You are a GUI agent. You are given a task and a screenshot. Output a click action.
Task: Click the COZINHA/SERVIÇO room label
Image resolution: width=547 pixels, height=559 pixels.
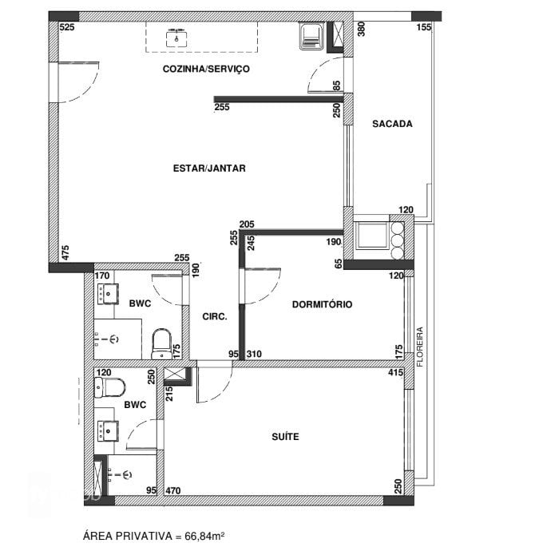(206, 69)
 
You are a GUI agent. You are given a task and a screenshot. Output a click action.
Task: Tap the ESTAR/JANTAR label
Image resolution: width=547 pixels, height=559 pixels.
(209, 168)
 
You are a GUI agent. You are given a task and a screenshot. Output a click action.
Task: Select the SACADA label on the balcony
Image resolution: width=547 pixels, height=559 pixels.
(392, 125)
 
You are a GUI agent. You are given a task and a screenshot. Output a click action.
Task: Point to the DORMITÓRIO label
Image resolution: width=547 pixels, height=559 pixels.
(322, 304)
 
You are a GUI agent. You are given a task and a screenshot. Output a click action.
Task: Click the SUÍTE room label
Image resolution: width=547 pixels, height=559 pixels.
(285, 437)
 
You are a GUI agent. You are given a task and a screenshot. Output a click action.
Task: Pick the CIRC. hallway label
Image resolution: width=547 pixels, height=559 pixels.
(215, 316)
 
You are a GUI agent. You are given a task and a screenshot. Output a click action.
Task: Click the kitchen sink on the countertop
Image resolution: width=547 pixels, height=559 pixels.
(176, 36)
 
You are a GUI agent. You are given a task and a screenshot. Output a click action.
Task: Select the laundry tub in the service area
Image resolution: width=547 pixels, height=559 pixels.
(310, 35)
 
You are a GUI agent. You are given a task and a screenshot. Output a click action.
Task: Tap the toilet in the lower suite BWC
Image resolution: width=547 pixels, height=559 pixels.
(109, 388)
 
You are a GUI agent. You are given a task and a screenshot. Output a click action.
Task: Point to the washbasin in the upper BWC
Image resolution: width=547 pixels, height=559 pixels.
(107, 293)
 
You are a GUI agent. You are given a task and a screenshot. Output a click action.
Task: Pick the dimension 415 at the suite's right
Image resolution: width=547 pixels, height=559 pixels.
(394, 372)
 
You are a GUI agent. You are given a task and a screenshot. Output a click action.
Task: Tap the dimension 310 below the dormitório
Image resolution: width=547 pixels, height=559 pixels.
(255, 354)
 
